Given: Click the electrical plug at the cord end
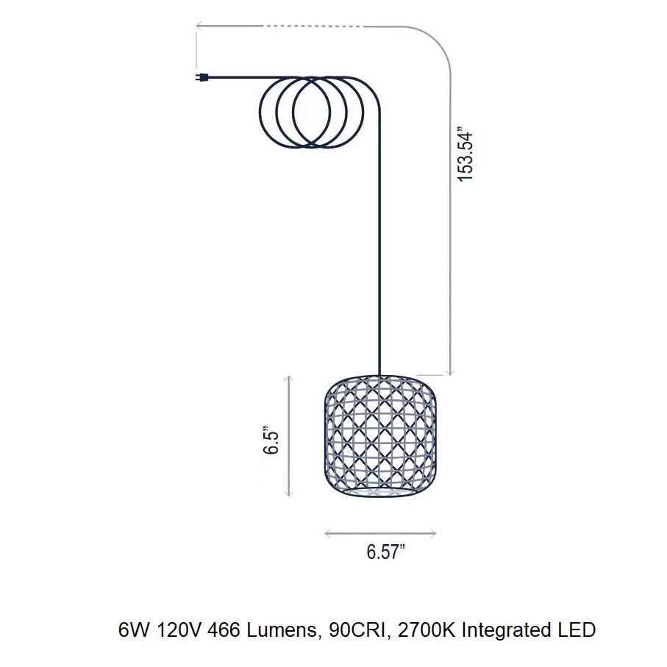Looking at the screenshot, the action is click(x=201, y=77).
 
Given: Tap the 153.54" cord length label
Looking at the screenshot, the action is click(x=465, y=154).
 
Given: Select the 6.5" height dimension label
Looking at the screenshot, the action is click(x=271, y=440).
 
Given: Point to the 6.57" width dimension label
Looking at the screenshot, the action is click(x=385, y=552).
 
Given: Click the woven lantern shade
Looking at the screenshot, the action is click(x=380, y=436).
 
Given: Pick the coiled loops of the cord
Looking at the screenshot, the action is click(x=312, y=113).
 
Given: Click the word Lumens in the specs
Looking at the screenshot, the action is click(x=282, y=630).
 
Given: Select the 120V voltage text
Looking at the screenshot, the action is click(x=178, y=630).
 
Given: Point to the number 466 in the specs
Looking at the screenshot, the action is click(x=224, y=630).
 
